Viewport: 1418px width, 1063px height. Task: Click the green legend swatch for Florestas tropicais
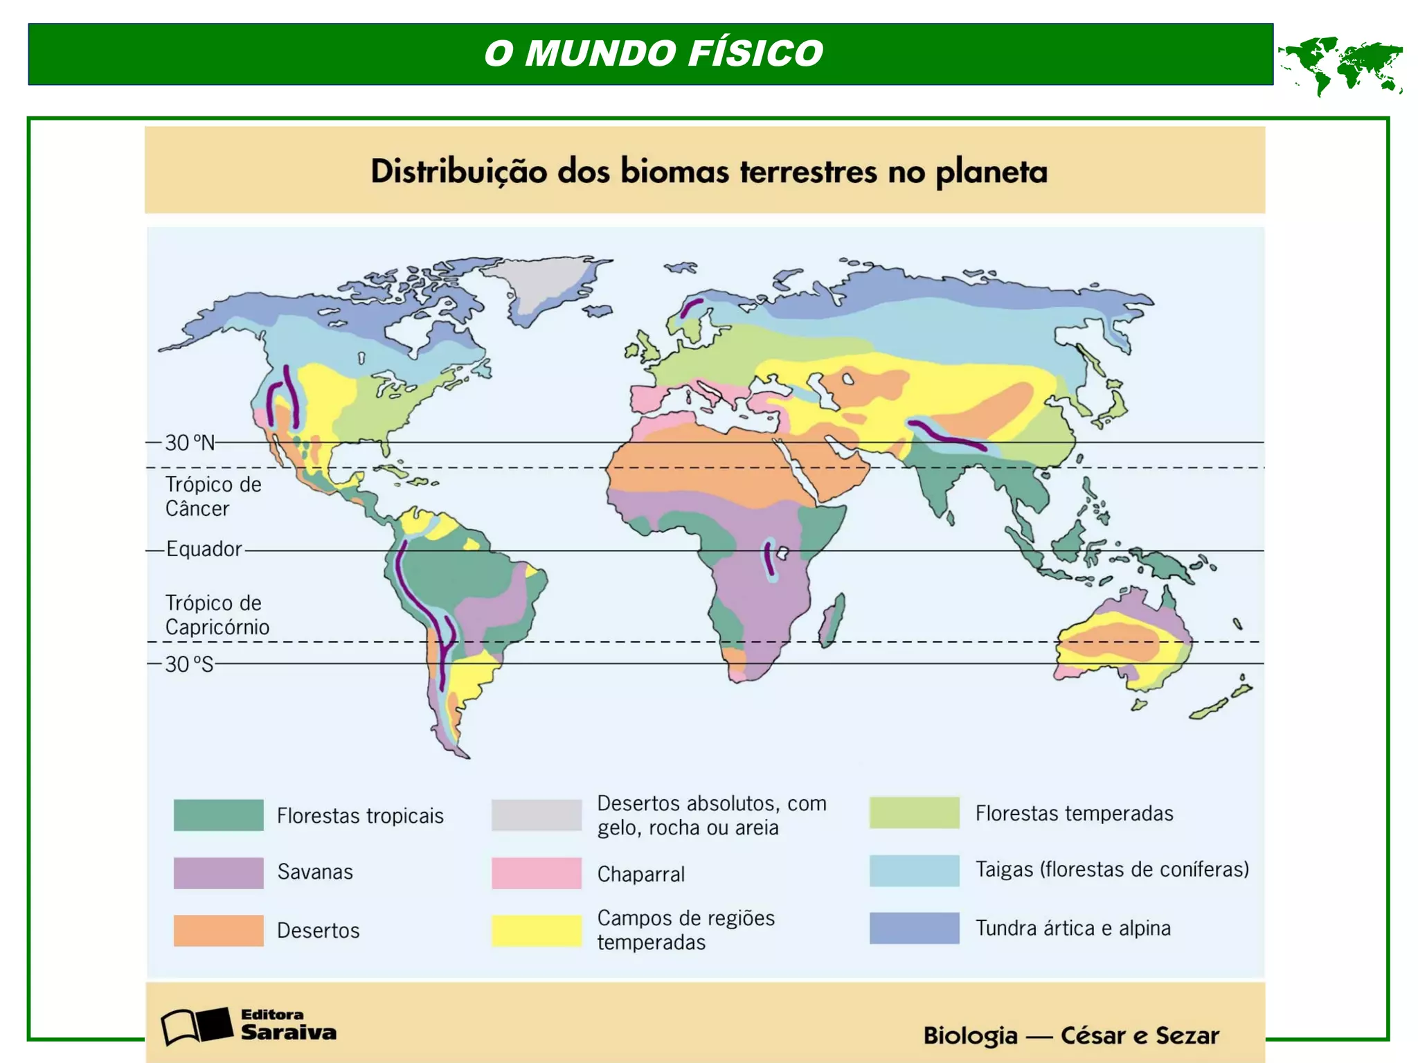(218, 814)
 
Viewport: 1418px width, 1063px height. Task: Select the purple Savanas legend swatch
(218, 873)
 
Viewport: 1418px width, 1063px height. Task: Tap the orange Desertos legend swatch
(218, 930)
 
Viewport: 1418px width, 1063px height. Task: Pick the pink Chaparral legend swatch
(537, 873)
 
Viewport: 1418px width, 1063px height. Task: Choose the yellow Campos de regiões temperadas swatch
(537, 930)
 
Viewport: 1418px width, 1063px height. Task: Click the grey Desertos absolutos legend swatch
(537, 814)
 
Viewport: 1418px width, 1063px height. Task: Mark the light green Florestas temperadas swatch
(914, 812)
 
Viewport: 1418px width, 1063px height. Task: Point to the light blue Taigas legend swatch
(914, 870)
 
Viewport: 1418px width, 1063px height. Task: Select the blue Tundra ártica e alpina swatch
(914, 928)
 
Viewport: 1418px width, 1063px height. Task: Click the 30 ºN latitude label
(190, 443)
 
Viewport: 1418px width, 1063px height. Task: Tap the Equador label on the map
(204, 549)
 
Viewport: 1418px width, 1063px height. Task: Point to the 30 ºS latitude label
(189, 664)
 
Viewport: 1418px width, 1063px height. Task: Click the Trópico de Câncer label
(213, 497)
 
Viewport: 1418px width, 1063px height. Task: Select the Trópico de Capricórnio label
(217, 615)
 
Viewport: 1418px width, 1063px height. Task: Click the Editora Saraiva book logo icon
(196, 1026)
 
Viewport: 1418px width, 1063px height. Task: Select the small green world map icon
(1340, 65)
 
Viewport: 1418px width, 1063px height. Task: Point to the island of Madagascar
(832, 620)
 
